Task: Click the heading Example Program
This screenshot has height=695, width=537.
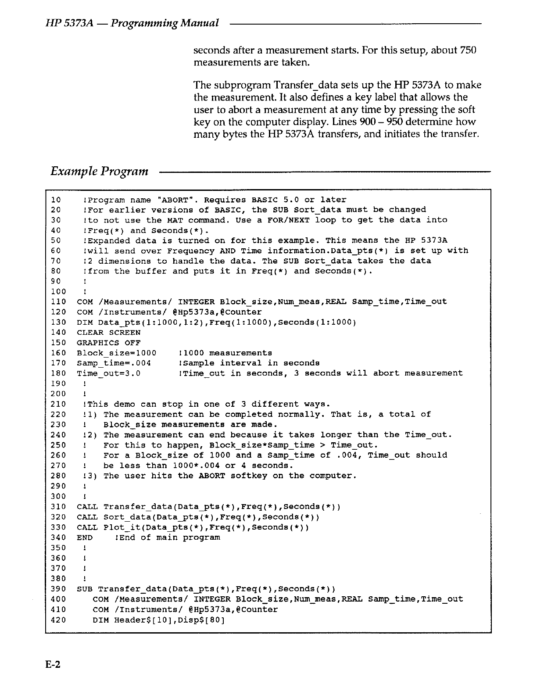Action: pos(99,171)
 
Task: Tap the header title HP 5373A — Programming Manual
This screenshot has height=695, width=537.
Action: pos(132,23)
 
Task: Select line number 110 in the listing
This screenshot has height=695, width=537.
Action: pos(58,302)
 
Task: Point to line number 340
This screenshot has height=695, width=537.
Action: pos(58,537)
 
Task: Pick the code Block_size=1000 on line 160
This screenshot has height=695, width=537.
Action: pos(116,353)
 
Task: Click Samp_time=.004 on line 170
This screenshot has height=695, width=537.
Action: pos(114,363)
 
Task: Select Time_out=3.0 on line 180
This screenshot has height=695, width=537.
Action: pos(108,373)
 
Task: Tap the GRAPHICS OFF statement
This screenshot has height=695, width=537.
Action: pos(108,343)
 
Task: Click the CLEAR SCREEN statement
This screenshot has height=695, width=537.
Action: pos(108,333)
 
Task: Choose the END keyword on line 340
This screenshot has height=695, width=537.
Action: pos(85,537)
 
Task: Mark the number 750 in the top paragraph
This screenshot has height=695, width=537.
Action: pos(468,50)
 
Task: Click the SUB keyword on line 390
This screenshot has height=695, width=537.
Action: pos(85,589)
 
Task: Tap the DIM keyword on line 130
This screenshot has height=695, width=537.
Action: pos(85,322)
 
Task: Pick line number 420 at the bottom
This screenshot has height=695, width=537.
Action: pos(58,620)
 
